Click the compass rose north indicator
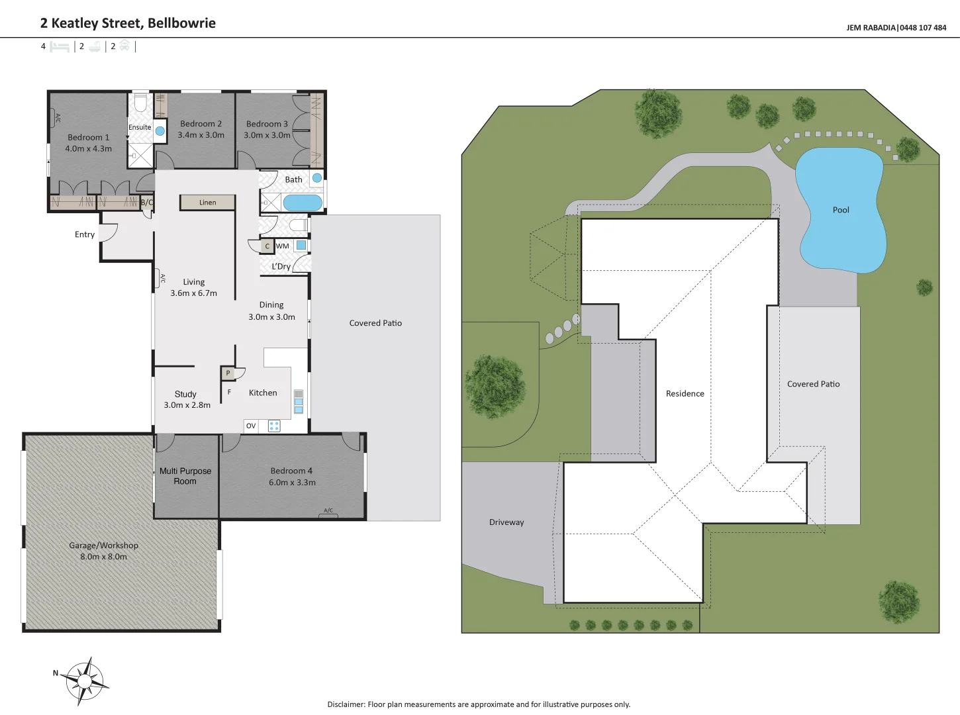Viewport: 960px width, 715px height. point(56,673)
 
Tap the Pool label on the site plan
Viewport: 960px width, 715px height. point(841,210)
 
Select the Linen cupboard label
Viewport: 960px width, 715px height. point(208,202)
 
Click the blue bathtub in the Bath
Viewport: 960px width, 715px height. point(303,203)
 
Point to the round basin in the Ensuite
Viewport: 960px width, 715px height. point(160,130)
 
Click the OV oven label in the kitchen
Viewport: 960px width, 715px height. point(251,426)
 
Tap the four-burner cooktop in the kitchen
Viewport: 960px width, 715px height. point(274,426)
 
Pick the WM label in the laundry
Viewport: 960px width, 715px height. point(282,246)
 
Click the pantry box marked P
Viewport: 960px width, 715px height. point(228,373)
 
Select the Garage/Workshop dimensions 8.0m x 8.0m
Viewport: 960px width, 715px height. point(103,557)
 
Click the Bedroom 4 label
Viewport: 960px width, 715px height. point(291,471)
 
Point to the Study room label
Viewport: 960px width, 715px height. point(185,395)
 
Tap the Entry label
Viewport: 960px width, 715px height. point(84,234)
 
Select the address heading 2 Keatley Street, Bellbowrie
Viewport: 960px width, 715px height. point(128,23)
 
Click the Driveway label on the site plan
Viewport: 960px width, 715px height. point(506,522)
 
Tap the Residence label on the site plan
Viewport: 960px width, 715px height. point(685,394)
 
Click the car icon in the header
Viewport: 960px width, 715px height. point(124,46)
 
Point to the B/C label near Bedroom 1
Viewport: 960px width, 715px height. point(147,202)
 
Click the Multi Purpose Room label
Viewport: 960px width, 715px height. point(185,476)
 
